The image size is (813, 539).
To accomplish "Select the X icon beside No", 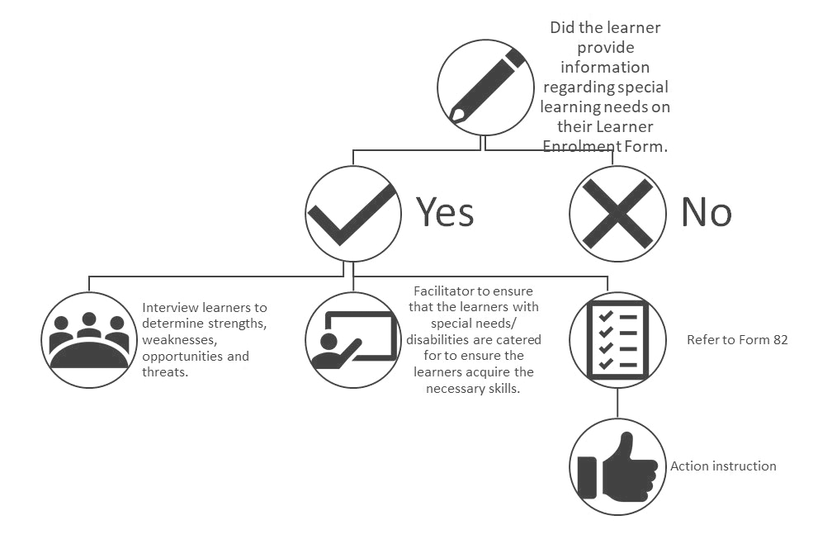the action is [617, 214].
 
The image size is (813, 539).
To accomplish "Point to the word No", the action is [707, 212].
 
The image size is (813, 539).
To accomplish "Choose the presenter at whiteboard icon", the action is [353, 340].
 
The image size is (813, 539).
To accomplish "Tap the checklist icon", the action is [617, 340].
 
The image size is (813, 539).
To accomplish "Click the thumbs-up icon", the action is [617, 466].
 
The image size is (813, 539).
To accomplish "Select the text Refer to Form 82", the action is [737, 340].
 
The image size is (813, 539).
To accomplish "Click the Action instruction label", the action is [723, 466].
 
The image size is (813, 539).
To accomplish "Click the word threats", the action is [165, 372].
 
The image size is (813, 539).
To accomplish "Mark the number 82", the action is [780, 340].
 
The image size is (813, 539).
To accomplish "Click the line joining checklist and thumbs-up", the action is [617, 403].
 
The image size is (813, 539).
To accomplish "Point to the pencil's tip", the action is [455, 116].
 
